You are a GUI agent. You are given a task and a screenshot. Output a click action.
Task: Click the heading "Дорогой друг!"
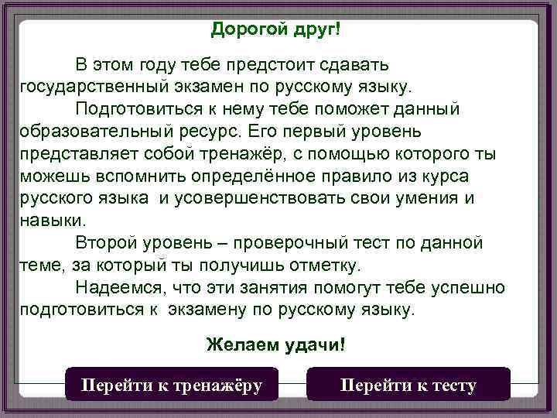[x=275, y=29]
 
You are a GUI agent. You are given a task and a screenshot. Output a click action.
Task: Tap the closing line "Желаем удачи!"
[x=275, y=344]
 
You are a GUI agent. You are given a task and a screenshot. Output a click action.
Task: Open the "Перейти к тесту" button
[x=408, y=385]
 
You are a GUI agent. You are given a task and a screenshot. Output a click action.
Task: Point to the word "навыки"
[x=50, y=220]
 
